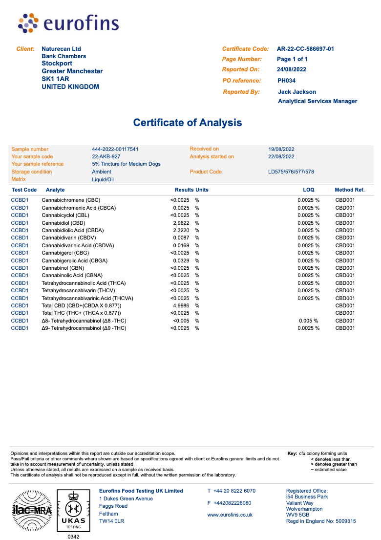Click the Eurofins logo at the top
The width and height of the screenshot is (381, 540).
(x=68, y=23)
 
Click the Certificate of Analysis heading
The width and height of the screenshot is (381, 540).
(x=188, y=123)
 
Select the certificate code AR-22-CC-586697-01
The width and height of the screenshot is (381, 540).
(x=305, y=49)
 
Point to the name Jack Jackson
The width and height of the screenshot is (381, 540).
(x=297, y=92)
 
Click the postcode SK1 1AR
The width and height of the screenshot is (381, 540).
(x=55, y=79)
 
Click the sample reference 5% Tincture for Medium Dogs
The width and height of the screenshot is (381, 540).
(x=126, y=164)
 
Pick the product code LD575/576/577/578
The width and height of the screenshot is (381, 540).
(x=291, y=172)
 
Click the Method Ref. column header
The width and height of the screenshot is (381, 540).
(x=349, y=190)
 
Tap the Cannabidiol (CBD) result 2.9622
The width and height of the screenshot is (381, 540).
(x=181, y=223)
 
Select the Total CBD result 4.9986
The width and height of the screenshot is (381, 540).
(x=181, y=305)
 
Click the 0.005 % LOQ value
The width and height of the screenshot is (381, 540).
(x=308, y=321)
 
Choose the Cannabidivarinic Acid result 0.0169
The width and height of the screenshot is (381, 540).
(x=181, y=245)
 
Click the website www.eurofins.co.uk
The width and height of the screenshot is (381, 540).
(x=230, y=515)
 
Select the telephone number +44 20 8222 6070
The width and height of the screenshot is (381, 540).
(x=234, y=491)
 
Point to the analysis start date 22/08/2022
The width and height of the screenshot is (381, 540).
(x=281, y=157)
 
